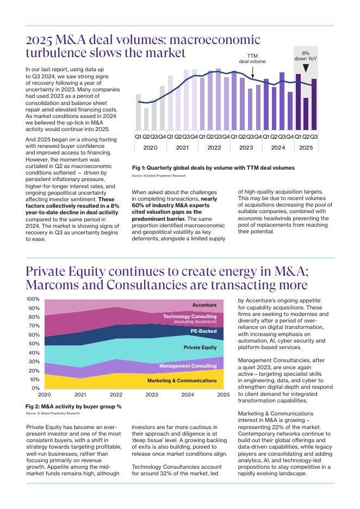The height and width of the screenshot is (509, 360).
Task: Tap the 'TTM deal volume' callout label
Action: tap(252, 59)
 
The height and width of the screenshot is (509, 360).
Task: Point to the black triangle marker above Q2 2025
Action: tap(306, 68)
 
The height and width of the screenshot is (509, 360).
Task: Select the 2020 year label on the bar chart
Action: tap(150, 147)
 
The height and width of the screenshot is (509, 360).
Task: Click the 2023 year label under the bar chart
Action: tap(246, 147)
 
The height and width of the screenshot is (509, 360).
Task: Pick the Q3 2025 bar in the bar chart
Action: tap(314, 105)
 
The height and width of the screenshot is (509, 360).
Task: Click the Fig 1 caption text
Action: tap(213, 168)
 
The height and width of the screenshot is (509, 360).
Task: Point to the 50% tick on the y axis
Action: tap(34, 344)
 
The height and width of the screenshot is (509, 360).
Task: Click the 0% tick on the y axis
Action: tap(35, 388)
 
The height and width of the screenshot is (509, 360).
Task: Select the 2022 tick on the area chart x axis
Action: tap(116, 395)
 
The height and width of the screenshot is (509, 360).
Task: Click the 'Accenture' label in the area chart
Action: tap(204, 305)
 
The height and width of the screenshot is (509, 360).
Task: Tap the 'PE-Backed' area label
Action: tap(203, 331)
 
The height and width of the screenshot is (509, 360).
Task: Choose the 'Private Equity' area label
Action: tap(200, 347)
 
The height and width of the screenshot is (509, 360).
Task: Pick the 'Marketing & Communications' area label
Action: tap(182, 381)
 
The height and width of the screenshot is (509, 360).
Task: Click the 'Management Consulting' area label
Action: tap(188, 366)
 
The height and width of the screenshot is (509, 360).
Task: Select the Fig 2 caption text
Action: tap(73, 406)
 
